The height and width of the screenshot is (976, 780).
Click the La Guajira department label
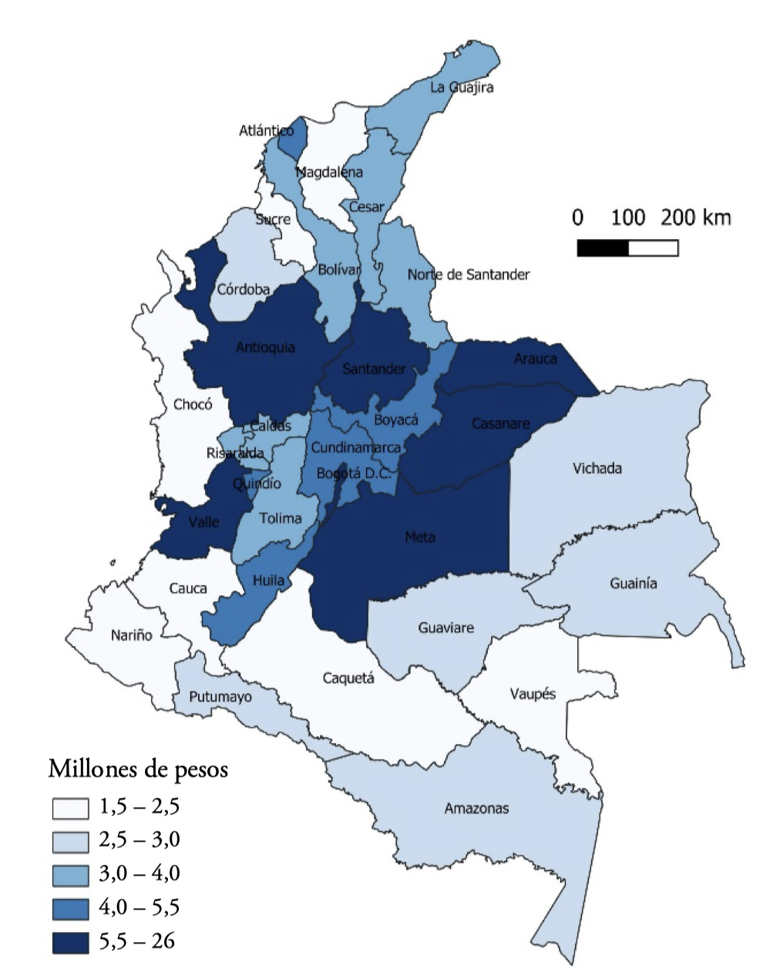coord(462,87)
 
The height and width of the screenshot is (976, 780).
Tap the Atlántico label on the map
coord(266,131)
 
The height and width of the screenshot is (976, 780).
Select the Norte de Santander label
coord(469,274)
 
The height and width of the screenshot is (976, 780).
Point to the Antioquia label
coord(265,348)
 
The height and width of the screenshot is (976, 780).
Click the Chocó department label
coord(193,404)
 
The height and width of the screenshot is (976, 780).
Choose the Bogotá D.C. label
coord(354,473)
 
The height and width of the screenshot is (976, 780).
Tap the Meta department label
coord(420,537)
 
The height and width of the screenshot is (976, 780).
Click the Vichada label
coord(597,468)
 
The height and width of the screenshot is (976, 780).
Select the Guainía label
coord(634,584)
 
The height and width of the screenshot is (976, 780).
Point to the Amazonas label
coord(476,809)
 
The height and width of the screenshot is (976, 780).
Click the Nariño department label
coord(132,635)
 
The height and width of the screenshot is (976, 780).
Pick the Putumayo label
coord(221,697)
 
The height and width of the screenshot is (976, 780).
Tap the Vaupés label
coord(533,694)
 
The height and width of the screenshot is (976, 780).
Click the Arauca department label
coord(536,359)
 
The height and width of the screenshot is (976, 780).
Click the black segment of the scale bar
coord(603,248)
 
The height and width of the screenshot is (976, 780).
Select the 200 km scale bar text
coord(695,217)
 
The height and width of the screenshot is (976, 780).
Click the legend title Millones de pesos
coord(138,769)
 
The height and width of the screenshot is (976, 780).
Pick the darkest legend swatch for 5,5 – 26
coord(70,942)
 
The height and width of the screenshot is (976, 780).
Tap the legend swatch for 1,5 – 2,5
coord(70,808)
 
